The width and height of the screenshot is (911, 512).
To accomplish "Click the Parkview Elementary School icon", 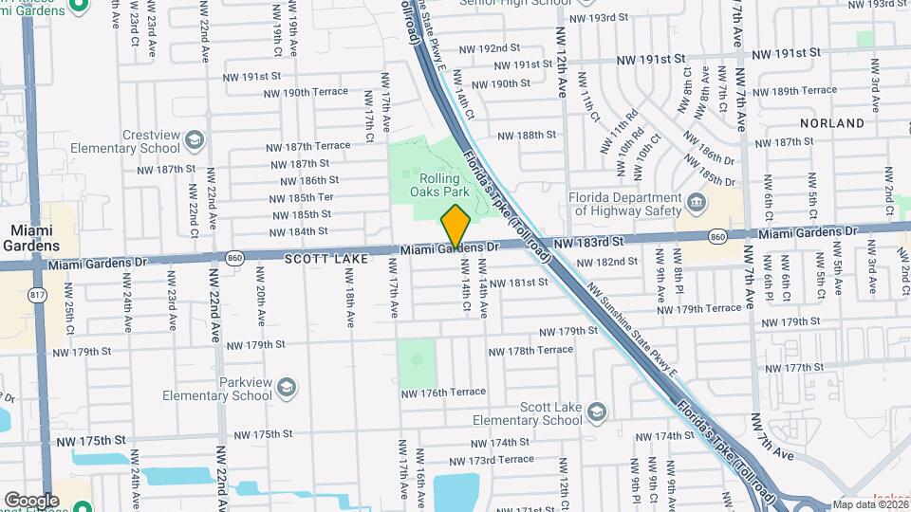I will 288,387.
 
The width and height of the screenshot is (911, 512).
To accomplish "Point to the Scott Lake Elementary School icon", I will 596,412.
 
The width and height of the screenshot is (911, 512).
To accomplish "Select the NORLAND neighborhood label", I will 832,123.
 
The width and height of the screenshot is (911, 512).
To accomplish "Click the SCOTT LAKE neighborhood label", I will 321,257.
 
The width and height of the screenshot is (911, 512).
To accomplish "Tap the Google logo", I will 30,500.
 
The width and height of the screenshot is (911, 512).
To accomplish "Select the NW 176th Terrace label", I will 443,392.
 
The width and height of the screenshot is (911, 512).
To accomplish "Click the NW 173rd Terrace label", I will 502,459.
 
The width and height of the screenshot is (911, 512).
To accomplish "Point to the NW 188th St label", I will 525,136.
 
